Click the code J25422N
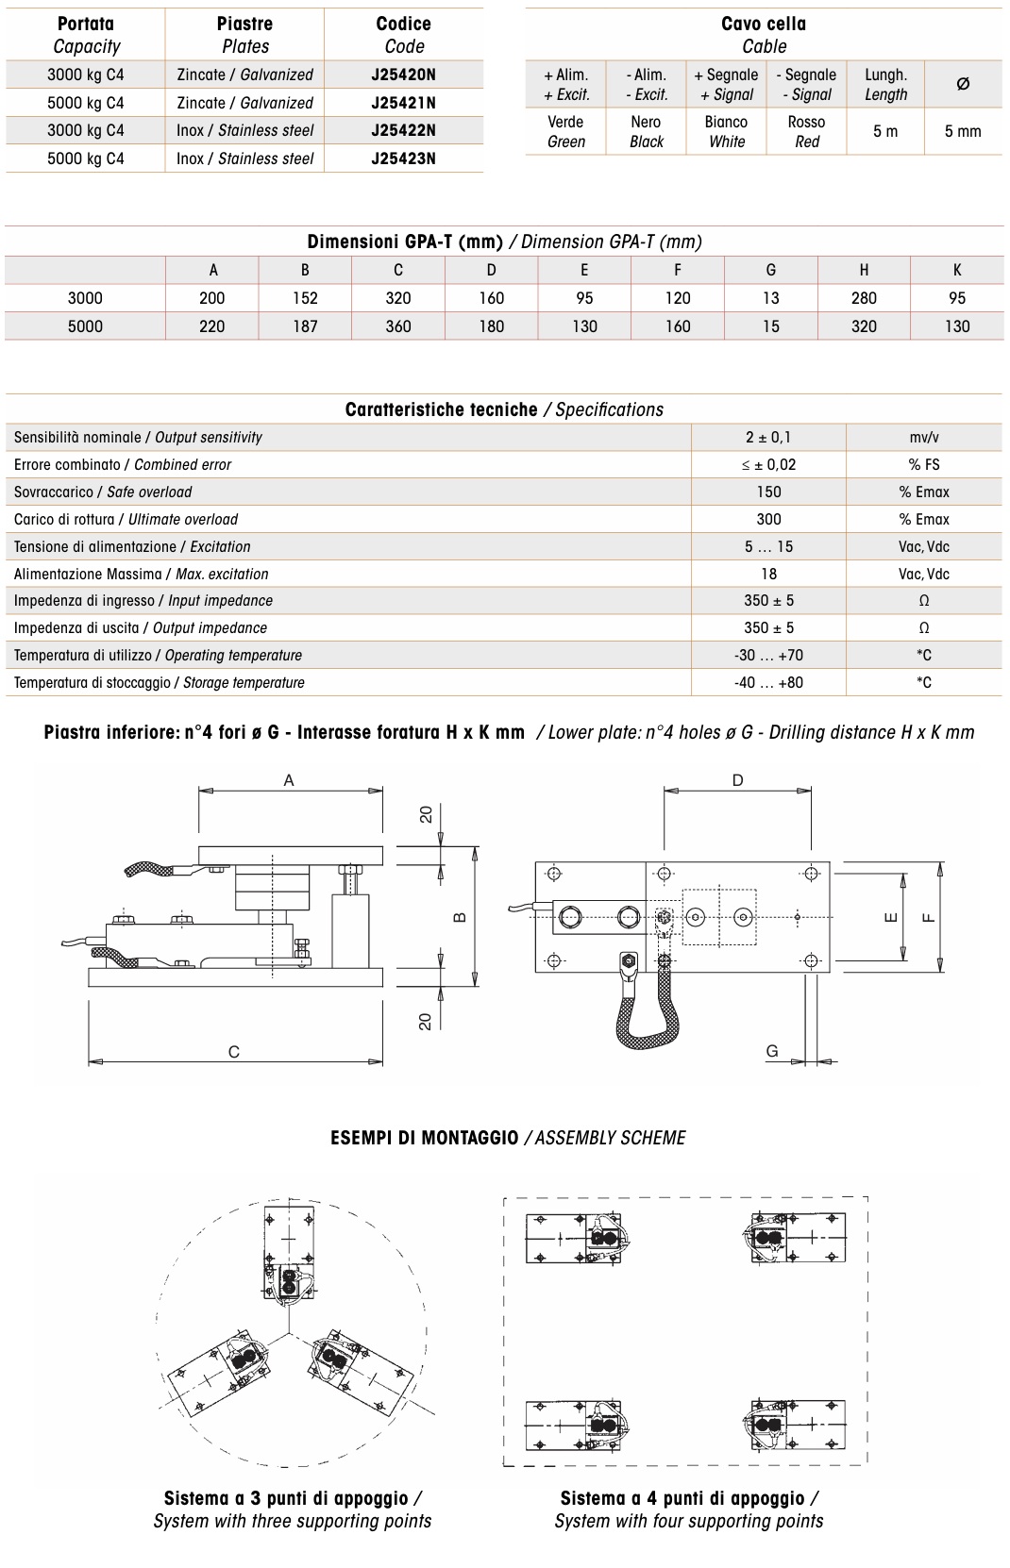point(403,130)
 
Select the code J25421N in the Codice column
point(403,103)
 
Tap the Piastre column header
point(244,35)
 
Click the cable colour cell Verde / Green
point(565,131)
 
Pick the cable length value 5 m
point(885,131)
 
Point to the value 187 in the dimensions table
point(305,326)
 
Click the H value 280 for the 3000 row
point(864,298)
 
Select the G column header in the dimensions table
point(770,270)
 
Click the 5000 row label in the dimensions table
point(85,326)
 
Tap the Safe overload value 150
point(768,492)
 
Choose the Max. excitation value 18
point(768,574)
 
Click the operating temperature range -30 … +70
point(768,655)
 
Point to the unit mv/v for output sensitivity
point(923,438)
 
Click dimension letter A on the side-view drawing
point(289,780)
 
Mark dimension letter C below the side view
point(234,1052)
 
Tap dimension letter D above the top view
point(737,780)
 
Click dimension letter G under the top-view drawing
point(772,1051)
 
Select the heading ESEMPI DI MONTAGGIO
point(424,1138)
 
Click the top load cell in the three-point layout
point(289,1256)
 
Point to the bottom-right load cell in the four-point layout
point(795,1425)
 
